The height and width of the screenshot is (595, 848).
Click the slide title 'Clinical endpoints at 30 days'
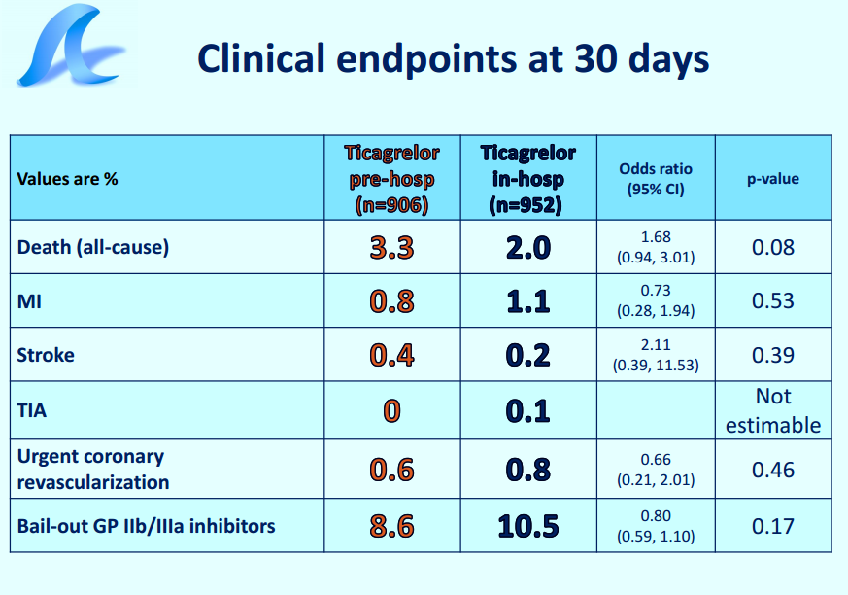[454, 59]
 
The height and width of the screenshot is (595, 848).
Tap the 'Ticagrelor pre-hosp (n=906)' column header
[392, 179]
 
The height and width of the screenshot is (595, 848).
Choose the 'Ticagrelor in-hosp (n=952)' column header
[527, 179]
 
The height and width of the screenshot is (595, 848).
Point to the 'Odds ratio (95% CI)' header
[656, 179]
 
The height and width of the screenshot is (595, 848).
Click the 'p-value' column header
[773, 179]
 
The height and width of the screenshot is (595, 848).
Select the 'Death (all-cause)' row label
[93, 247]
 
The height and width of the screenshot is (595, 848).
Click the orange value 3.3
[392, 247]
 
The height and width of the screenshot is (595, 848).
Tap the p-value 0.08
[773, 247]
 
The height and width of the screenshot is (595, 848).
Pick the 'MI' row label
[29, 301]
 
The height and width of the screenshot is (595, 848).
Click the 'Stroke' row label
[46, 355]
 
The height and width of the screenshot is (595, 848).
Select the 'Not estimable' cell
[773, 411]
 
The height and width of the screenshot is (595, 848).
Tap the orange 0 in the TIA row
[392, 411]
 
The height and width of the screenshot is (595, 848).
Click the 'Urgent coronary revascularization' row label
[93, 469]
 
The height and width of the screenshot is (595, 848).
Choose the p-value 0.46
[773, 470]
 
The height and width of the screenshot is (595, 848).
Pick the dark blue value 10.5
[527, 526]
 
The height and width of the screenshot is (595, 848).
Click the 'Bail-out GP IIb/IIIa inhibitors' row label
[146, 526]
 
